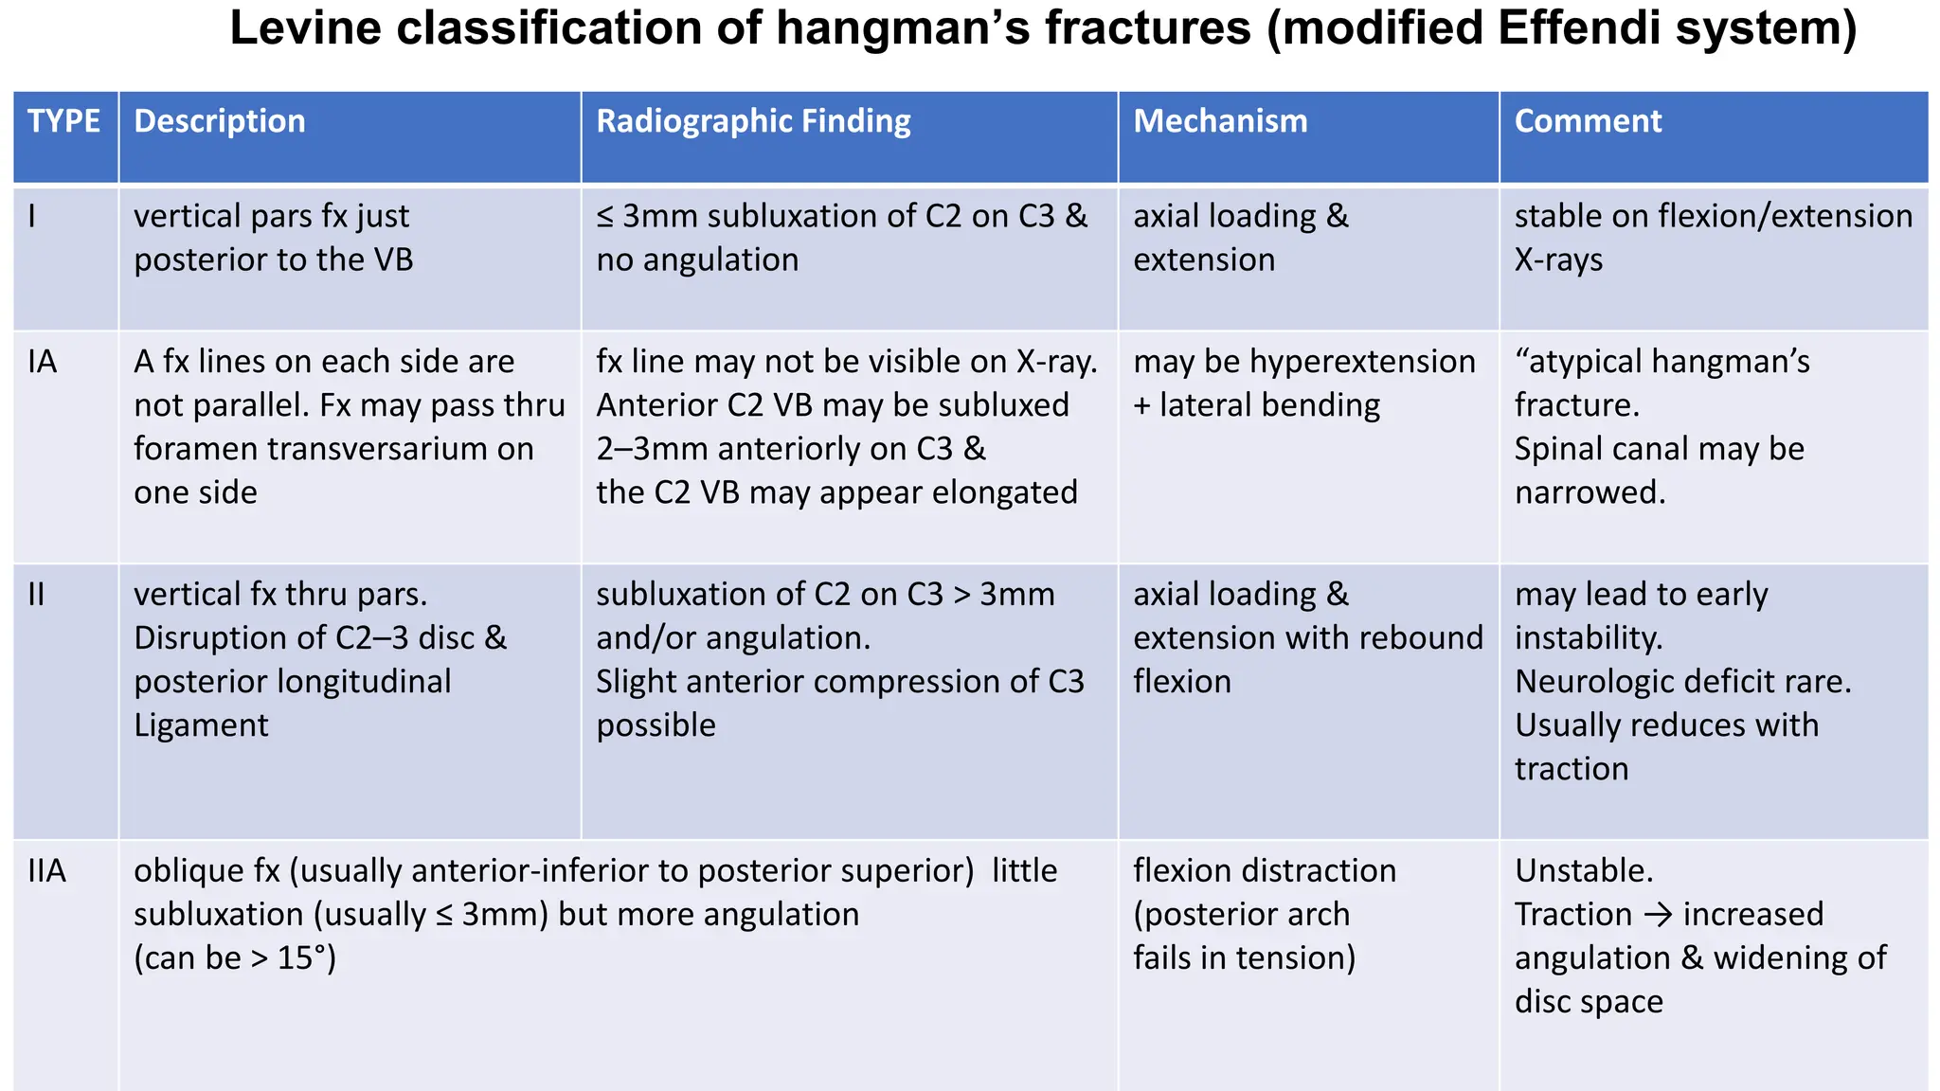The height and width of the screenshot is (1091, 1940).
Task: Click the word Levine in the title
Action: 305,28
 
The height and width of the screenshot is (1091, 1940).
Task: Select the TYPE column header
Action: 63,121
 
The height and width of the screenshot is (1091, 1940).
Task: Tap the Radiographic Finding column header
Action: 753,121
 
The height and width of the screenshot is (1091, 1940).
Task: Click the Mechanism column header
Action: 1220,121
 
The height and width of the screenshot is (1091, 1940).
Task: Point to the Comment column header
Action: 1588,121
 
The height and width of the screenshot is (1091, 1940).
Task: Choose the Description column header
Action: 220,121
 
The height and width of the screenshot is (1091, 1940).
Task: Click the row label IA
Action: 43,362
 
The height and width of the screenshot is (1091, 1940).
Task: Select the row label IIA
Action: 47,871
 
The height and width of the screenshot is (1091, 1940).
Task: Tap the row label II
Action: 37,595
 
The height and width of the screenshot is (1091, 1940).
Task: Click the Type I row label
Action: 32,217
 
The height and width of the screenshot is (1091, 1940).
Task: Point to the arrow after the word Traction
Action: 1658,915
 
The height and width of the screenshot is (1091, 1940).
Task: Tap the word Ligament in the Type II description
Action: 201,725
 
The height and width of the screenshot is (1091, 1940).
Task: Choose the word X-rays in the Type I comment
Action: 1558,260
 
